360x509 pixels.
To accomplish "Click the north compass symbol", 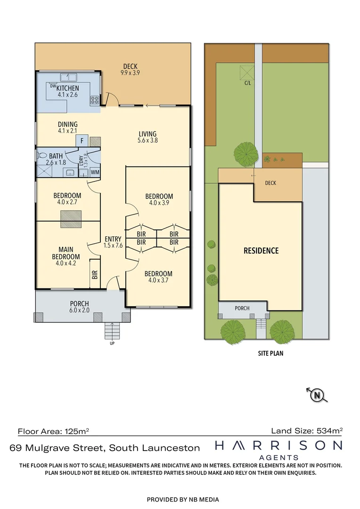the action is (317, 395).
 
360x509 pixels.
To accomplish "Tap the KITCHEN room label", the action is (67, 88).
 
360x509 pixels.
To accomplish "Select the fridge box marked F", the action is (82, 141).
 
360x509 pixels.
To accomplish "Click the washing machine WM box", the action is (95, 172).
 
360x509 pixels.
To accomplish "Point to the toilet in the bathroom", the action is (42, 155).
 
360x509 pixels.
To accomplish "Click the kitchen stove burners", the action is (94, 100).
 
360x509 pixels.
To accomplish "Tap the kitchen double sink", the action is (68, 77).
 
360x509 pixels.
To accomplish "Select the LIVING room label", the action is (147, 134).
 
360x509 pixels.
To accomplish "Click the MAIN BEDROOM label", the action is (66, 253).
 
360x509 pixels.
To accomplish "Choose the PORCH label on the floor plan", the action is (80, 304).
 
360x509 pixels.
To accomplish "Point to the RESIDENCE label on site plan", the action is (262, 251).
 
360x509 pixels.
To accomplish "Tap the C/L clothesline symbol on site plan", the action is (247, 73).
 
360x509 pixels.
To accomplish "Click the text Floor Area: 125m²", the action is (53, 431).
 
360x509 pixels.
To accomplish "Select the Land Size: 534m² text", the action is (307, 431).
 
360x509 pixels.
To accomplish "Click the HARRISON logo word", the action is (279, 445).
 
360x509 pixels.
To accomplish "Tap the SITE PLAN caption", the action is (271, 353).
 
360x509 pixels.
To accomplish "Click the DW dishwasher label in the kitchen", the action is (53, 86).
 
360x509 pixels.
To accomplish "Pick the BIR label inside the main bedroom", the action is (95, 275).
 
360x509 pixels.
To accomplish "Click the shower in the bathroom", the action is (44, 171).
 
